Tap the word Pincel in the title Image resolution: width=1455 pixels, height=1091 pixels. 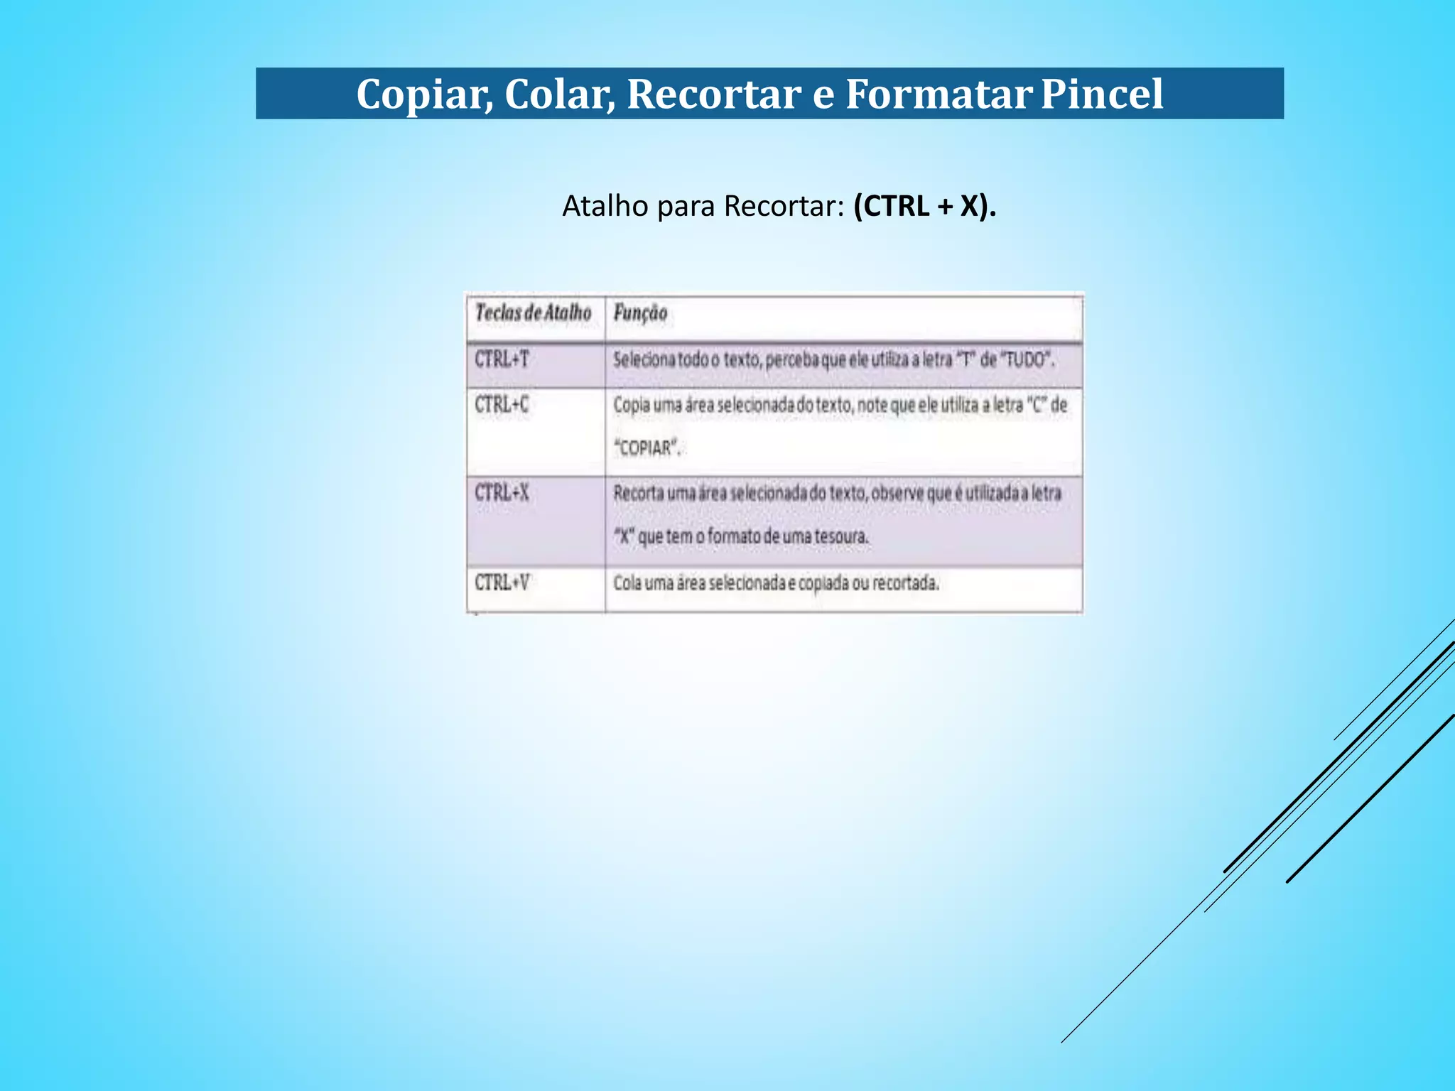pyautogui.click(x=1102, y=94)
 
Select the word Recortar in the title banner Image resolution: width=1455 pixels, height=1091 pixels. pyautogui.click(x=713, y=94)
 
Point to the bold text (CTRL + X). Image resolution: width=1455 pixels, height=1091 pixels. pyautogui.click(x=924, y=207)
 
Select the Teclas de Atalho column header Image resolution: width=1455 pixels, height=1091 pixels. pyautogui.click(x=533, y=313)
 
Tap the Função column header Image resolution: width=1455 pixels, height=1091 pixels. pyautogui.click(x=640, y=313)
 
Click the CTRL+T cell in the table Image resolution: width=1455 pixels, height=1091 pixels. pyautogui.click(x=502, y=359)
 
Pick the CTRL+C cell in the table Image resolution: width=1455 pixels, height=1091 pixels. pyautogui.click(x=502, y=405)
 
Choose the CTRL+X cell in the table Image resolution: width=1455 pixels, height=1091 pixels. pyautogui.click(x=502, y=493)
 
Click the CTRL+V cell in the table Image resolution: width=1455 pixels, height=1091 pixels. pyautogui.click(x=502, y=583)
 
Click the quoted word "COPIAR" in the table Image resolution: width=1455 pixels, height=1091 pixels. pyautogui.click(x=647, y=448)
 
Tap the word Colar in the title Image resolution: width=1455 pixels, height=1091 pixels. pyautogui.click(x=560, y=94)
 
